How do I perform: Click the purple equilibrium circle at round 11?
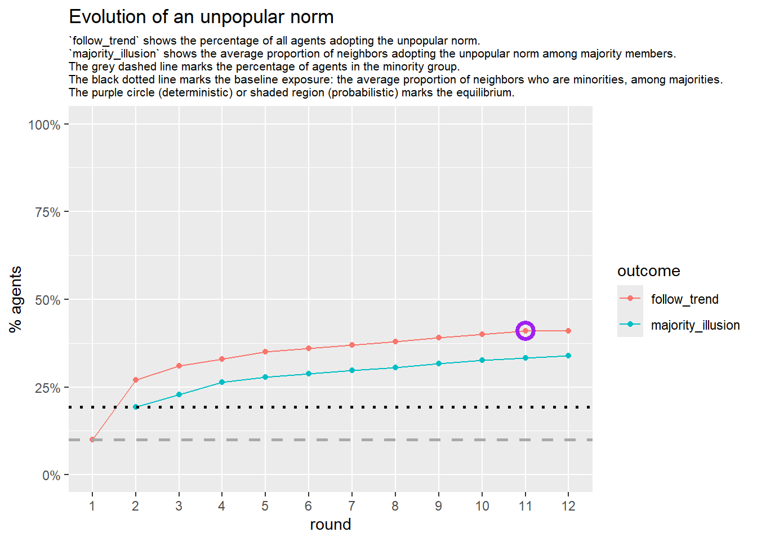(525, 331)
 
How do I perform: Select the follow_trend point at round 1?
(92, 440)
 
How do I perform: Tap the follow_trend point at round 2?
(136, 380)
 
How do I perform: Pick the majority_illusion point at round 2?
(136, 407)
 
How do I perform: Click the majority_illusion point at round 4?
(222, 382)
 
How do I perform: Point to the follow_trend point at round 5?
(265, 352)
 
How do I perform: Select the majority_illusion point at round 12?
(568, 356)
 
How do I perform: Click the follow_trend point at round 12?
(568, 331)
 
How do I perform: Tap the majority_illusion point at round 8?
(395, 367)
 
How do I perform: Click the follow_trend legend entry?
(684, 299)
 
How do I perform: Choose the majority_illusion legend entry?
(694, 325)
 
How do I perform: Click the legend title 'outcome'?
(648, 271)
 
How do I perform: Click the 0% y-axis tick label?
(51, 476)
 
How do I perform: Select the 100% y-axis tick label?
(44, 125)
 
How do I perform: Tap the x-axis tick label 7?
(352, 506)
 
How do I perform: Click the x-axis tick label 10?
(482, 506)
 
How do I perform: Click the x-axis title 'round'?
(330, 525)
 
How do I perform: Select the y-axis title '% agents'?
(15, 299)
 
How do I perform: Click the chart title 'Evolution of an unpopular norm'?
(201, 17)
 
